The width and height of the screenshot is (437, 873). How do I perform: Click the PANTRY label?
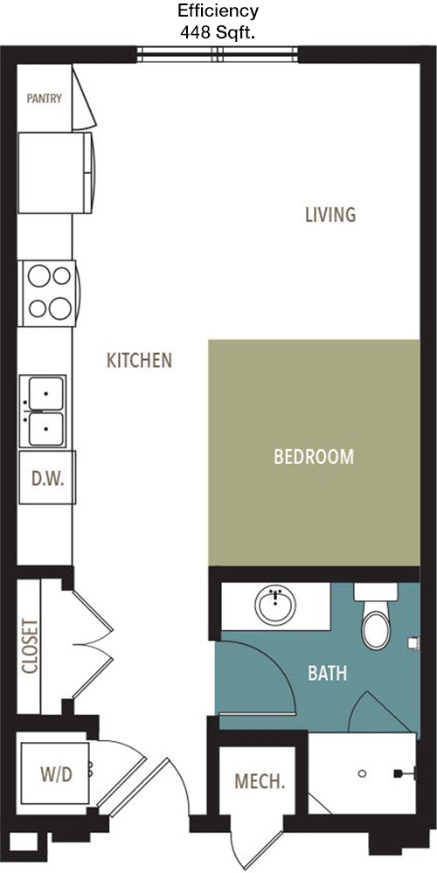click(x=45, y=99)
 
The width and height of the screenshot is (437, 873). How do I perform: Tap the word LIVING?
click(x=330, y=214)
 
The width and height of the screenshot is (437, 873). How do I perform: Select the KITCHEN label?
click(x=139, y=360)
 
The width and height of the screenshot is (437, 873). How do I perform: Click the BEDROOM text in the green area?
click(x=314, y=456)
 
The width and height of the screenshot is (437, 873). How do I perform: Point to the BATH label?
click(x=328, y=673)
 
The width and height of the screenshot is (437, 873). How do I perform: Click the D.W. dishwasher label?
click(x=47, y=478)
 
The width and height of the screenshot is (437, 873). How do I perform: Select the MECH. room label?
click(x=260, y=781)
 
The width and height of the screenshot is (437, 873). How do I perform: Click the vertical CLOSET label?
click(x=30, y=646)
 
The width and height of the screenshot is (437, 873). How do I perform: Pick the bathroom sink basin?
click(x=275, y=606)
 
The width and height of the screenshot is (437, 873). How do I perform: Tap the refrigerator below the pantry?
click(x=56, y=173)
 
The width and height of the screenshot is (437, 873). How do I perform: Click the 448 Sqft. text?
click(x=218, y=33)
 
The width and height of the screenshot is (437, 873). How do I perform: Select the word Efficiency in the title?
click(x=218, y=10)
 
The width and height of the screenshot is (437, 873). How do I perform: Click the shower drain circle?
click(x=363, y=773)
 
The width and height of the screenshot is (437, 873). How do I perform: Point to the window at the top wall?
click(x=218, y=54)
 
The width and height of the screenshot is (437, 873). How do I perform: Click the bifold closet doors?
click(x=93, y=645)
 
